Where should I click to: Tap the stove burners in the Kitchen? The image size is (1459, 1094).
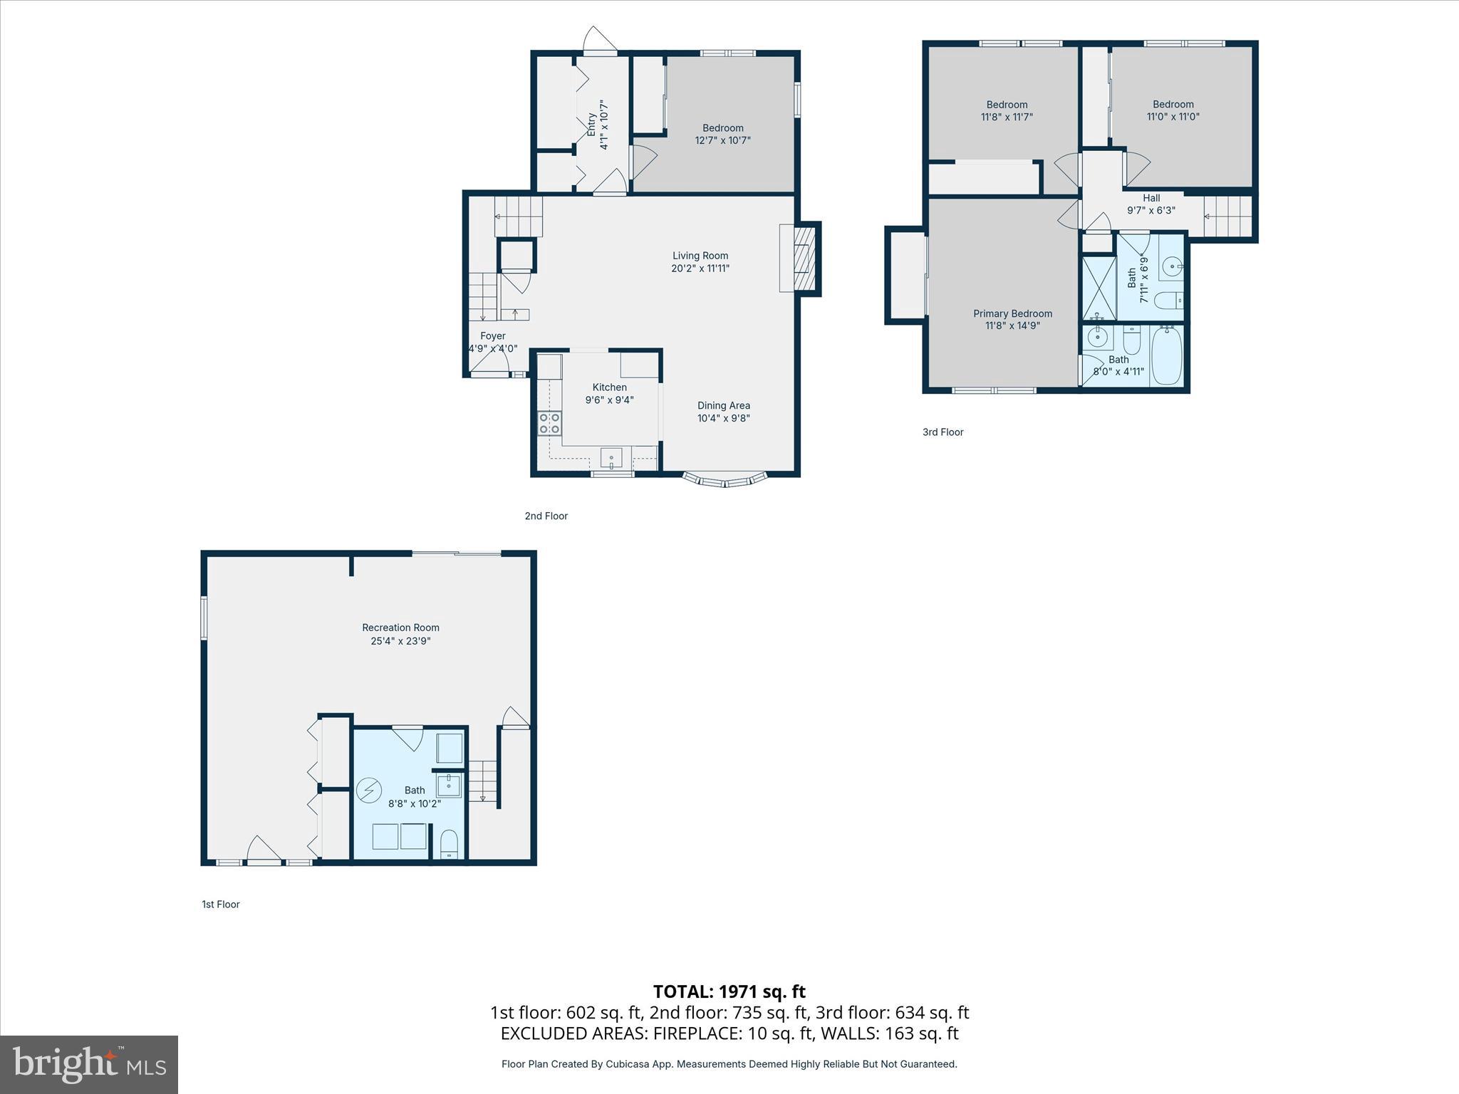click(x=549, y=423)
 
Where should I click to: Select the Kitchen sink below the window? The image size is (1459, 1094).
click(x=611, y=457)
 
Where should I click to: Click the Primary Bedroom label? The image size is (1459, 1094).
click(x=1012, y=313)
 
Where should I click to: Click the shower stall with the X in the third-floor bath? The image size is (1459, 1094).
click(x=1099, y=288)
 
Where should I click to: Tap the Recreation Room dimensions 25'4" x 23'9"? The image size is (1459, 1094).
click(x=400, y=641)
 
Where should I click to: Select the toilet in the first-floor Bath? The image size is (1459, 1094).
click(x=449, y=845)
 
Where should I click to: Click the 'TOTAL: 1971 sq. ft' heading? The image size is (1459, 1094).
click(x=729, y=991)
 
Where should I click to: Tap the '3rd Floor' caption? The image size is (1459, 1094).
click(x=943, y=432)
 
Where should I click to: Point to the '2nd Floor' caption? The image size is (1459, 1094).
click(x=546, y=516)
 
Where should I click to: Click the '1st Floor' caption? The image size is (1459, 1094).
click(x=220, y=905)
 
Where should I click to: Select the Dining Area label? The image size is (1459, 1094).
click(x=723, y=406)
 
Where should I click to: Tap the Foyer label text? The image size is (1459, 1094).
click(x=492, y=336)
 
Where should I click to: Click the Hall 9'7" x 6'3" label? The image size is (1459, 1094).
click(x=1151, y=204)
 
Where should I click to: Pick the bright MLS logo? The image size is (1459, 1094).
click(x=89, y=1064)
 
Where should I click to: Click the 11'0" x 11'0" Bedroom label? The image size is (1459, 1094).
click(x=1173, y=110)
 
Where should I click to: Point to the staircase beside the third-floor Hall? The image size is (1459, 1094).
click(x=1227, y=217)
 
